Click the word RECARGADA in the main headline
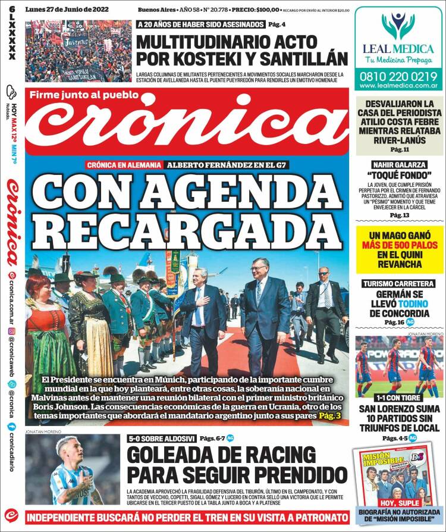[x=187, y=227]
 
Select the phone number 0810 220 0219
[x=398, y=77]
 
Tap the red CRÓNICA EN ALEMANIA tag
[x=123, y=165]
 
